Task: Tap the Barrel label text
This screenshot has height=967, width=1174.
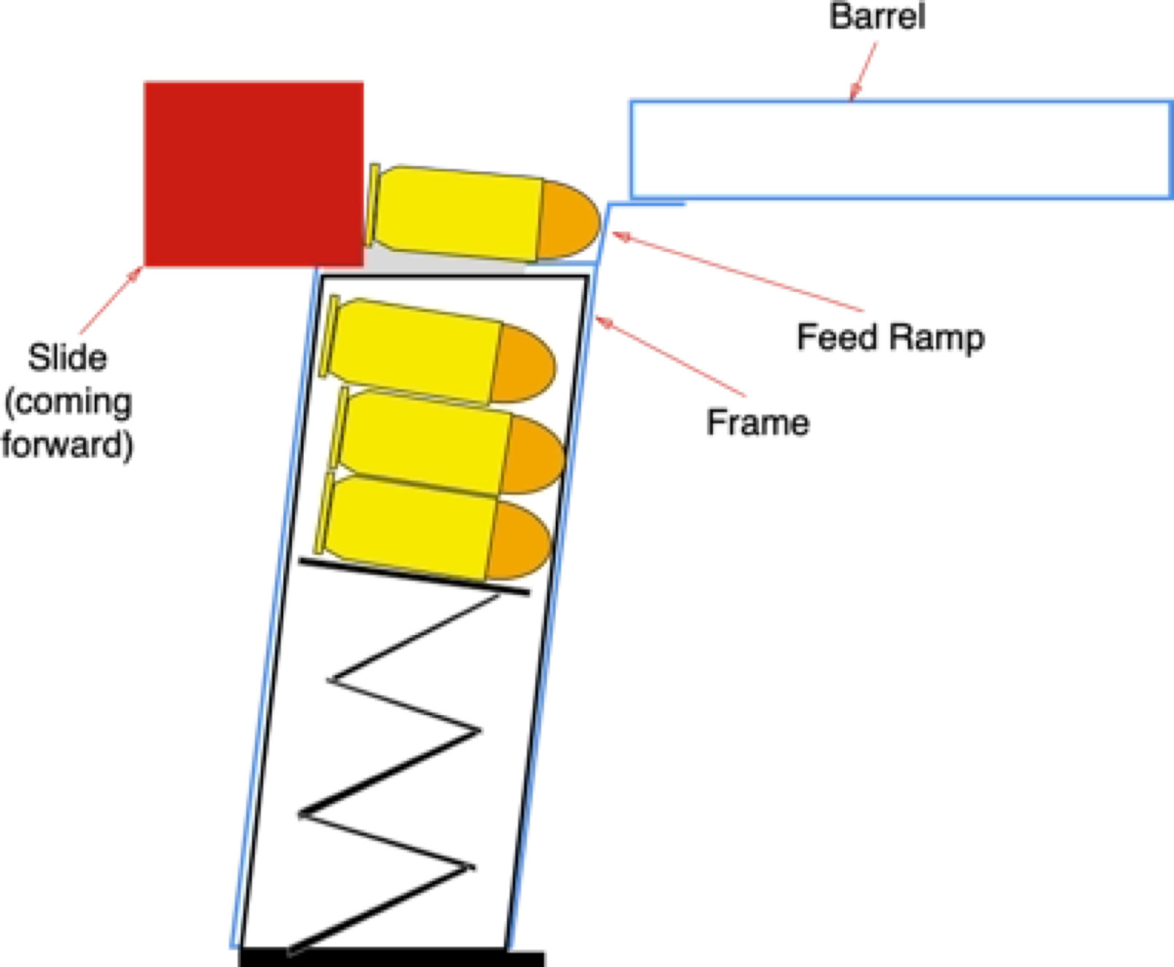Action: point(877,17)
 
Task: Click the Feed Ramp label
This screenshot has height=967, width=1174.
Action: point(890,338)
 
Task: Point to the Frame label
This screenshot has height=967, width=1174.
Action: point(757,423)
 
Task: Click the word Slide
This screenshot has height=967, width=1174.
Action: point(67,358)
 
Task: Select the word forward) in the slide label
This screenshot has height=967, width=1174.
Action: point(67,444)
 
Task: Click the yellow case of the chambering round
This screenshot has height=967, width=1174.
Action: point(459,212)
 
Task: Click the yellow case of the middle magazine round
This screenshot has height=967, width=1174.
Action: point(422,441)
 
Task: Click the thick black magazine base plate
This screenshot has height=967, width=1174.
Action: point(392,958)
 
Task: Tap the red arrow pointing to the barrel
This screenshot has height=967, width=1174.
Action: point(864,71)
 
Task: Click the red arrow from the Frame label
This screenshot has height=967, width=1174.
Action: point(670,356)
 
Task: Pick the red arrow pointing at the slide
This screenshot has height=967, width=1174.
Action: point(111,301)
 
